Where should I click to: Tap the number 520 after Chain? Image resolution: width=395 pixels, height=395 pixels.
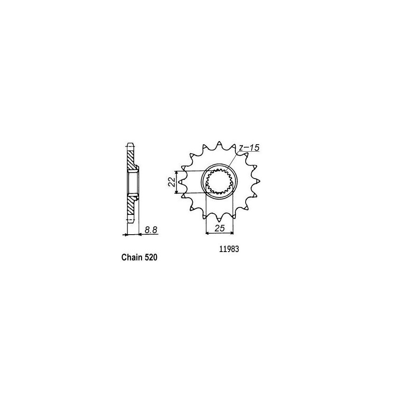[x=151, y=258]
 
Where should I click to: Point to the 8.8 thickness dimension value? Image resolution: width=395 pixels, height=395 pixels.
[x=151, y=229]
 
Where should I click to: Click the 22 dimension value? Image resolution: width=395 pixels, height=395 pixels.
[x=171, y=182]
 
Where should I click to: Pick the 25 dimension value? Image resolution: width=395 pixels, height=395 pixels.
[x=219, y=228]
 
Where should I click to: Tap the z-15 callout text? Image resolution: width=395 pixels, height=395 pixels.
[x=249, y=148]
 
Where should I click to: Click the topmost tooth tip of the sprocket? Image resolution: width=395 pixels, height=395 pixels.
[x=219, y=142]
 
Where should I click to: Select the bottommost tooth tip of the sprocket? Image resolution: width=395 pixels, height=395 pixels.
[x=219, y=221]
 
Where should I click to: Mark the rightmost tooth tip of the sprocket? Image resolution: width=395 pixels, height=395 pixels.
[x=259, y=181]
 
